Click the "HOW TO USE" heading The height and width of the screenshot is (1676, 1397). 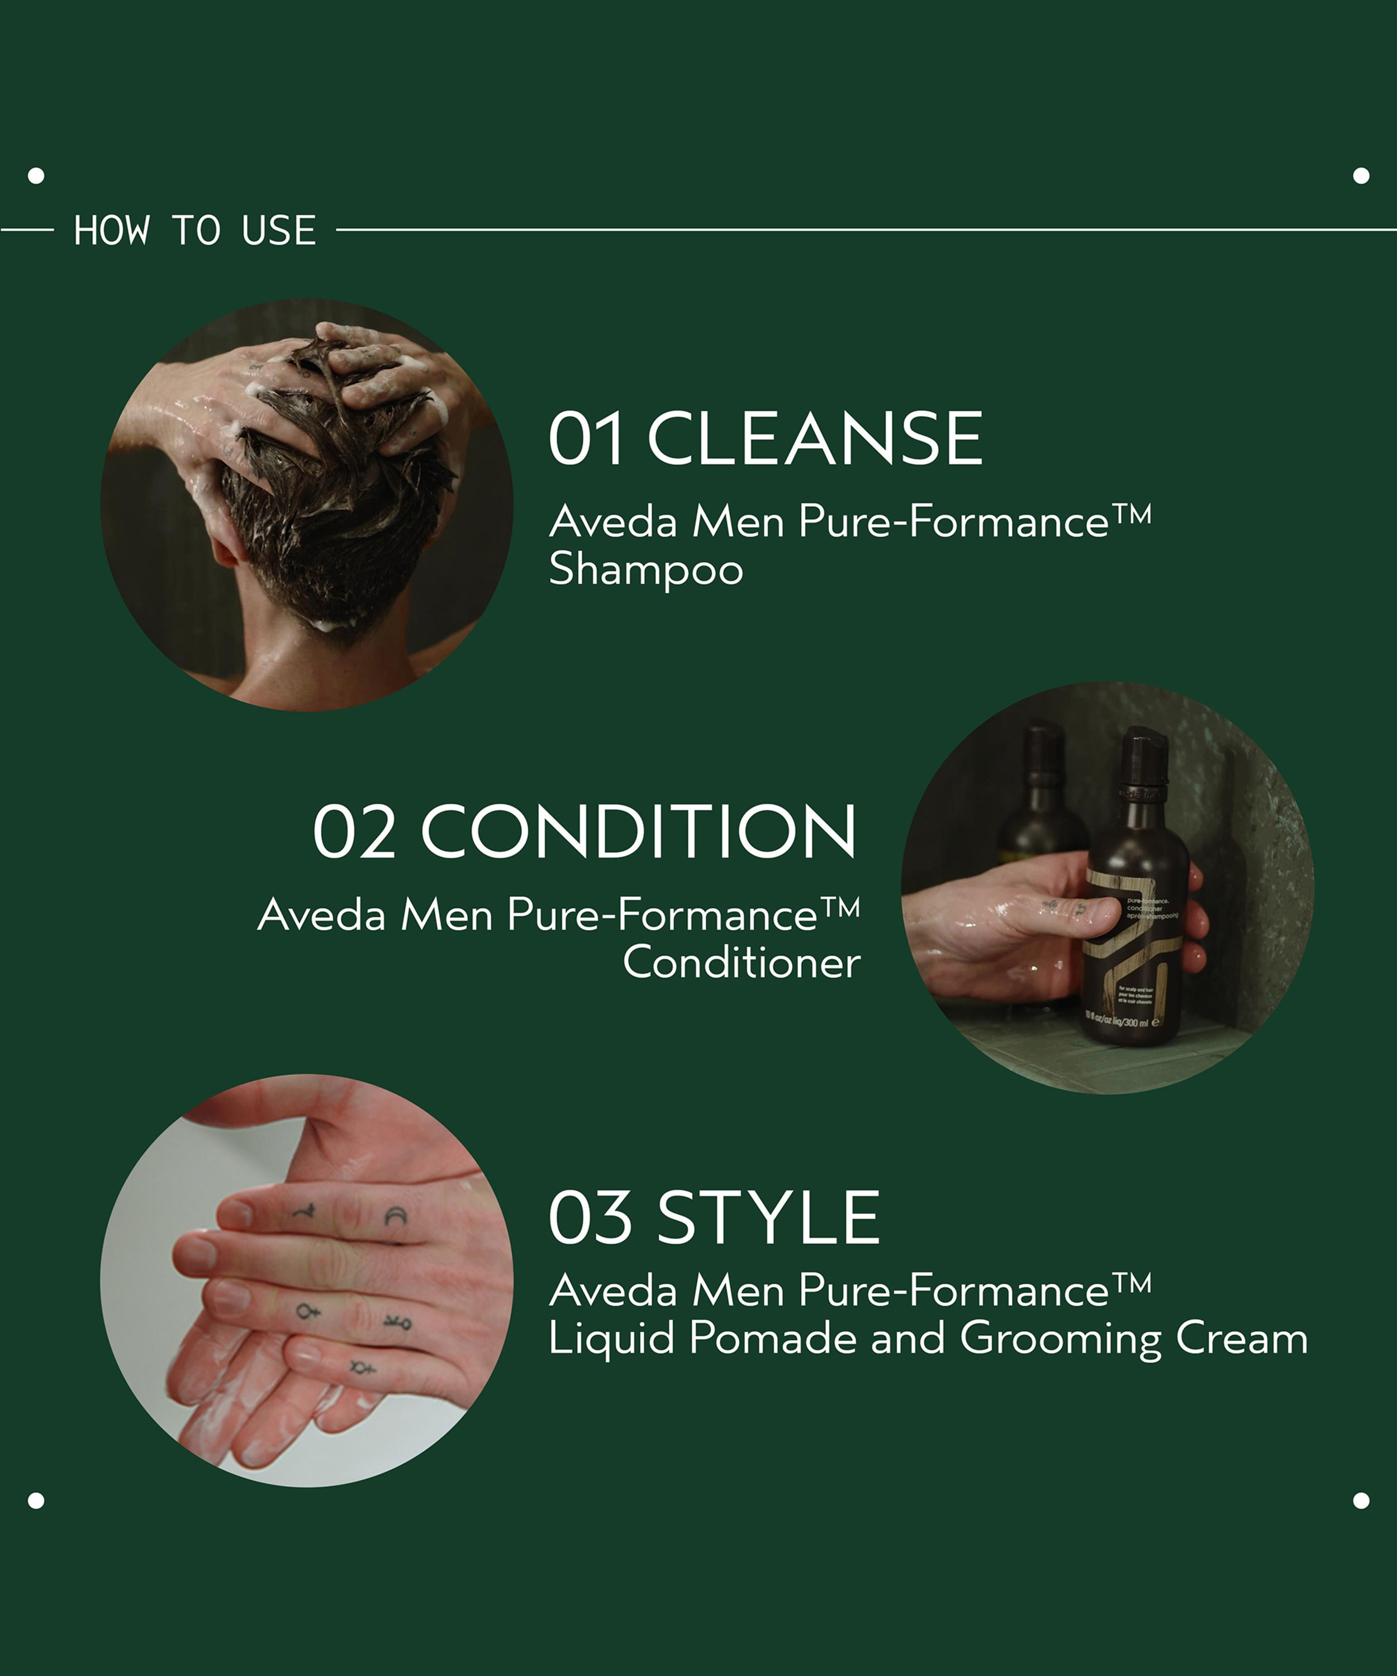(x=195, y=231)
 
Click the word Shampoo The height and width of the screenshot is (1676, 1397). (x=646, y=570)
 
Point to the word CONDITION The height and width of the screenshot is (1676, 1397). (x=639, y=832)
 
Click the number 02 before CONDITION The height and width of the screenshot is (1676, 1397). (x=354, y=832)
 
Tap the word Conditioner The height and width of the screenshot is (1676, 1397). (x=742, y=963)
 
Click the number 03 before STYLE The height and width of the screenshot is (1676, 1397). (x=590, y=1218)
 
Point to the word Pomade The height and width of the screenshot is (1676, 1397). (x=772, y=1337)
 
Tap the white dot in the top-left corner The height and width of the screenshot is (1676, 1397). (x=36, y=175)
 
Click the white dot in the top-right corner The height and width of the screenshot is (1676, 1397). (x=1361, y=175)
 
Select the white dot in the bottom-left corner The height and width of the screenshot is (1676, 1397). (x=36, y=1501)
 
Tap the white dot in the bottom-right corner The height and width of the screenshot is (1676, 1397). (x=1361, y=1501)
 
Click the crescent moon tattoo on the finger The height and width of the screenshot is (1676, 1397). (x=396, y=1216)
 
